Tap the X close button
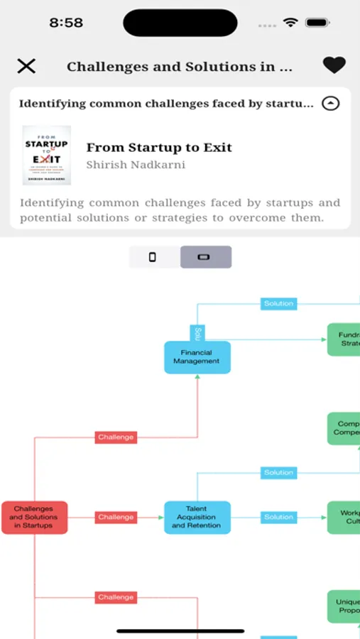(x=26, y=66)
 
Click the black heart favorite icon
(x=334, y=65)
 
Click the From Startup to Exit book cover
(x=47, y=157)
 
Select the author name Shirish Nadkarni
(x=136, y=165)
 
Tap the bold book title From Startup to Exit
(x=159, y=148)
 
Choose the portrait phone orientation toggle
(x=152, y=257)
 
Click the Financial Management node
(x=197, y=357)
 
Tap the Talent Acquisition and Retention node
(x=197, y=518)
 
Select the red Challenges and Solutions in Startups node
(x=34, y=518)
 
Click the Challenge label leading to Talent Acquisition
(x=116, y=517)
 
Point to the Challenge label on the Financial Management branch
(x=116, y=437)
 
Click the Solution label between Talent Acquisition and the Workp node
(x=278, y=517)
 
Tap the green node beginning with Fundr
(x=344, y=339)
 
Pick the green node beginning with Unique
(x=344, y=606)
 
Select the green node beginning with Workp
(x=344, y=518)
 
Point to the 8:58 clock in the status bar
(x=66, y=23)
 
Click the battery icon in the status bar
(x=317, y=23)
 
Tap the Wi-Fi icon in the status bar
(x=290, y=23)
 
